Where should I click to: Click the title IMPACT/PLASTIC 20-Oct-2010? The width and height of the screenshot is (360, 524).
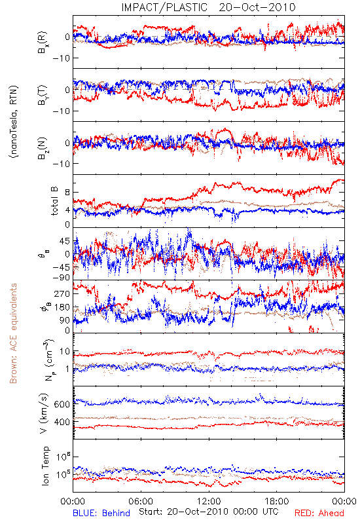click(208, 7)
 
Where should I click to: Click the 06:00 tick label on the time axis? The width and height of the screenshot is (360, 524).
click(141, 501)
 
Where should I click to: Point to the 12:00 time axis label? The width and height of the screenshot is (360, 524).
click(209, 501)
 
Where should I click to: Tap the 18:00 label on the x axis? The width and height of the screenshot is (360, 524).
click(277, 501)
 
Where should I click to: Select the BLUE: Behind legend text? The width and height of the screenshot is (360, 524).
click(101, 513)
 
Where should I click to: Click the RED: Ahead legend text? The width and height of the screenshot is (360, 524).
click(319, 513)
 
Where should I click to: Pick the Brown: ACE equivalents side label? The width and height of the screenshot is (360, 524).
click(13, 333)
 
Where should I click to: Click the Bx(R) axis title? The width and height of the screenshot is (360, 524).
click(43, 43)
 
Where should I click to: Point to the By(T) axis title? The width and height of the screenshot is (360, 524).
click(43, 95)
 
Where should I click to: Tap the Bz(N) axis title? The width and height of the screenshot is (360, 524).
click(43, 148)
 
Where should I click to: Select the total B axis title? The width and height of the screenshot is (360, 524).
click(54, 201)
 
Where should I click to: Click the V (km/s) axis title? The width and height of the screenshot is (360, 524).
click(44, 413)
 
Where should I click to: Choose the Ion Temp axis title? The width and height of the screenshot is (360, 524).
click(45, 466)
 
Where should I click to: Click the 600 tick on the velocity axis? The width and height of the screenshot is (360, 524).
click(62, 404)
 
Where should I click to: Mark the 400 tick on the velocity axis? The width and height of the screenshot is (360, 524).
click(62, 422)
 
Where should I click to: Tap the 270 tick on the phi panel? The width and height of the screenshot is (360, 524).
click(62, 293)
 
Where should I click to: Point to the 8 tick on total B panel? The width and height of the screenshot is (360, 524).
click(67, 192)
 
